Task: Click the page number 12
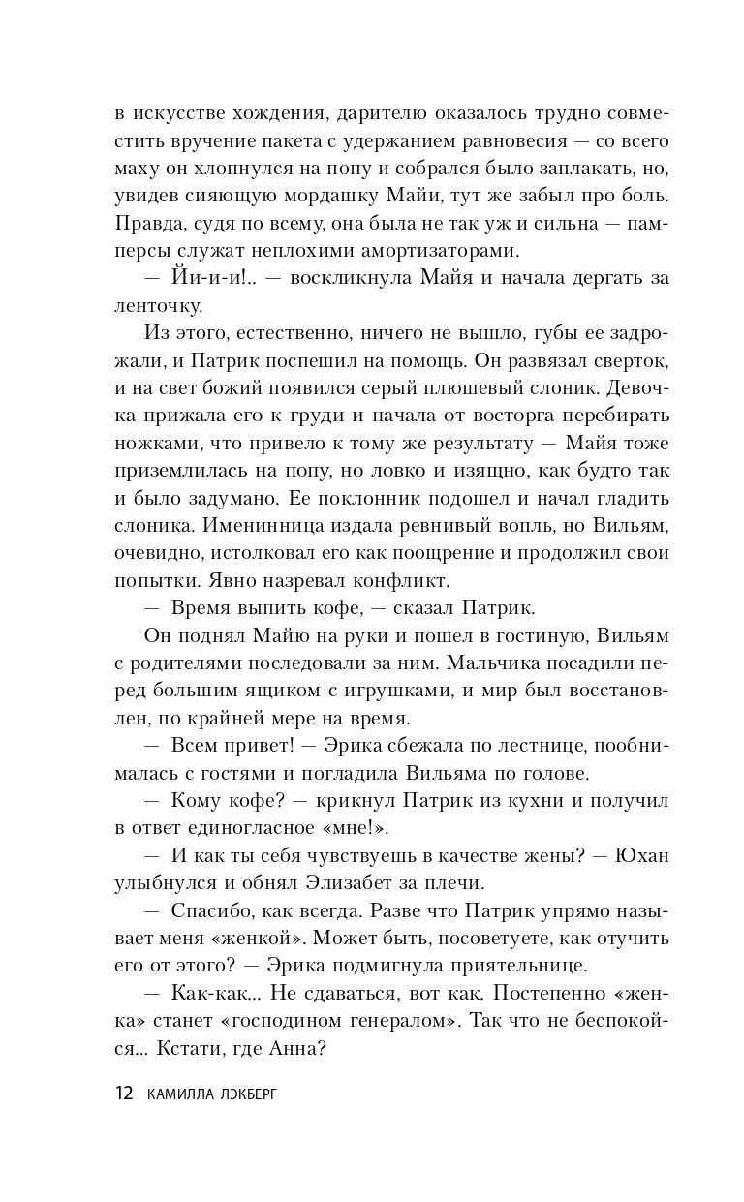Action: (123, 1094)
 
